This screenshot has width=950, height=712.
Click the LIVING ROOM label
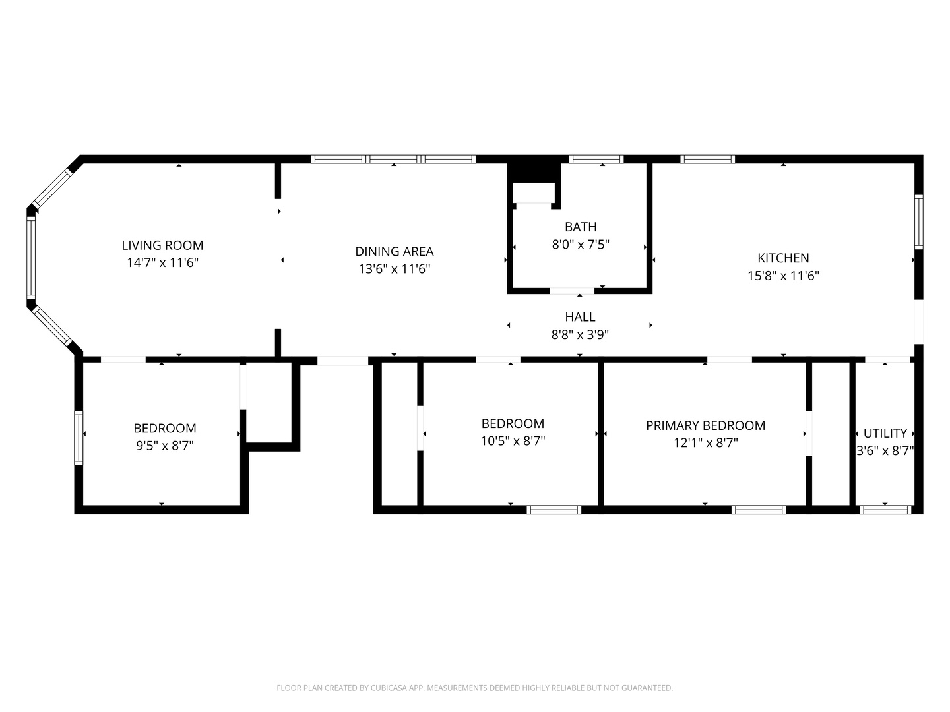click(162, 245)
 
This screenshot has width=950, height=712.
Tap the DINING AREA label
click(395, 251)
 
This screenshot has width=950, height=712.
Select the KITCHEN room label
click(783, 258)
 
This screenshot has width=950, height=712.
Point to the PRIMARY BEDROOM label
click(705, 425)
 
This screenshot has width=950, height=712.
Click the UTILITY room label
click(885, 433)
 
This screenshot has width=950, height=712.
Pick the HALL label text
click(580, 317)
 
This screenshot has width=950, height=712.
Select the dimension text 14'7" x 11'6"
click(162, 263)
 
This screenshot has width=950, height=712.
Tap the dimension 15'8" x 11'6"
click(783, 276)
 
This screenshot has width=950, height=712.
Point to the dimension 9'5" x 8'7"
click(164, 446)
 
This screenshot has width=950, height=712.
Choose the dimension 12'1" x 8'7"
click(705, 443)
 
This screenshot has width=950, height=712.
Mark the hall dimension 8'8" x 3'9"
click(580, 335)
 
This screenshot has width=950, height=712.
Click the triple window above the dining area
click(393, 159)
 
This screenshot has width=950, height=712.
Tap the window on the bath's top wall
click(596, 159)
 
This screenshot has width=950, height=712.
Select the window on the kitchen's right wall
click(918, 222)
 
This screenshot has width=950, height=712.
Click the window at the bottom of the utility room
click(885, 509)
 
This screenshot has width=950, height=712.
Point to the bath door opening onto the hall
click(571, 291)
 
